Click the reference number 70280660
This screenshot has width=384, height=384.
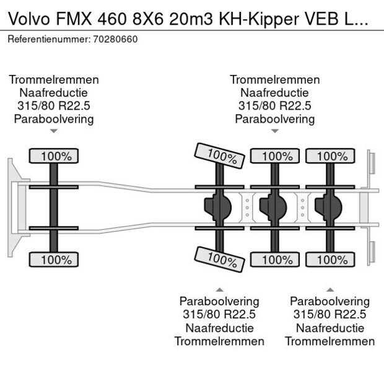pos(116,39)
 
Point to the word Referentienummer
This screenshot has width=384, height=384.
pos(49,39)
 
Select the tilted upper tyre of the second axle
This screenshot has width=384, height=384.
pos(219,155)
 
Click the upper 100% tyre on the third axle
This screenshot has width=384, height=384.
pos(274,157)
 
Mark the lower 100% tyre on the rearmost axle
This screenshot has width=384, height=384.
pos(329,260)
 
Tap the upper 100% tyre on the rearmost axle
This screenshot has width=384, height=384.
pos(329,157)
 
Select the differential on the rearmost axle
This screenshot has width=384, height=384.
pos(329,206)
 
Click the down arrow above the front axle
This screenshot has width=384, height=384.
pos(54,131)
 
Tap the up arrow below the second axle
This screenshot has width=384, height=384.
pos(219,289)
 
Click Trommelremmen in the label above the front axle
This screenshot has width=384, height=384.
pos(54,80)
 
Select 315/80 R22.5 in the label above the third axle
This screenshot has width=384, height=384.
pos(274,106)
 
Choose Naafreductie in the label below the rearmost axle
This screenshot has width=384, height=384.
pos(329,328)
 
